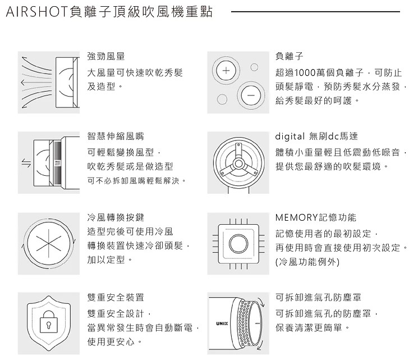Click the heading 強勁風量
pos(106,57)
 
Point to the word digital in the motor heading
pos(291,136)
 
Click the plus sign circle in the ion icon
pos(224,71)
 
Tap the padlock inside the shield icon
pos(47,324)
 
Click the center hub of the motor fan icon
pos(238,163)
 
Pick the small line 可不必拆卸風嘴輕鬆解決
pos(137,181)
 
